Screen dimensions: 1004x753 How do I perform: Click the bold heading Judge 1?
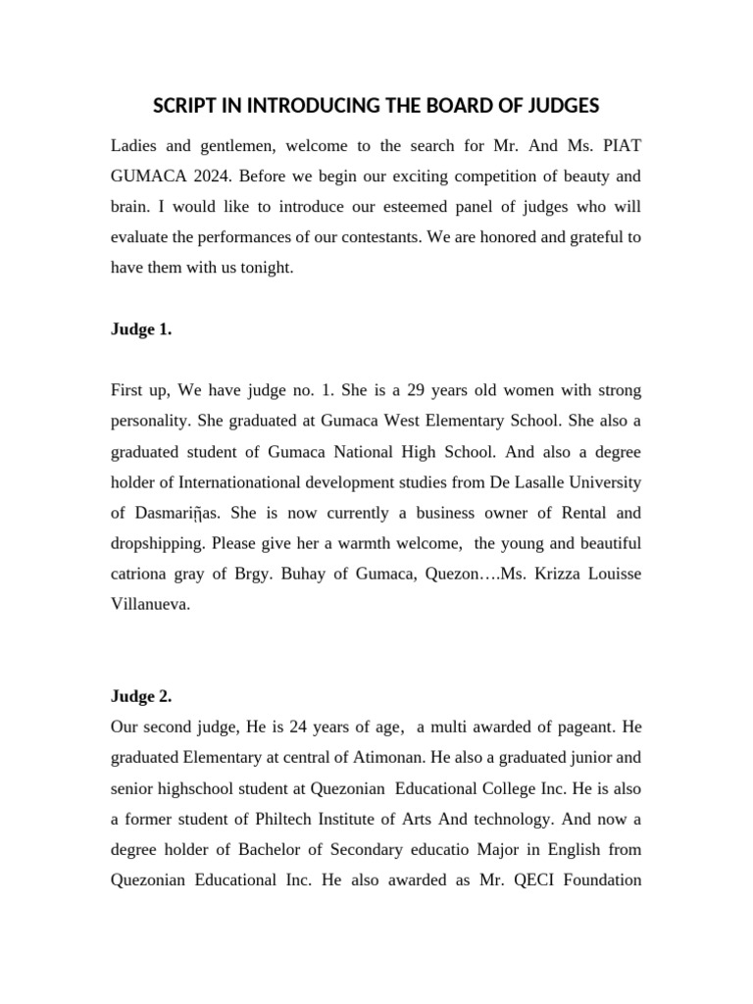(x=141, y=329)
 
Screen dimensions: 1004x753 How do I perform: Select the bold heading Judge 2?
(x=141, y=696)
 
